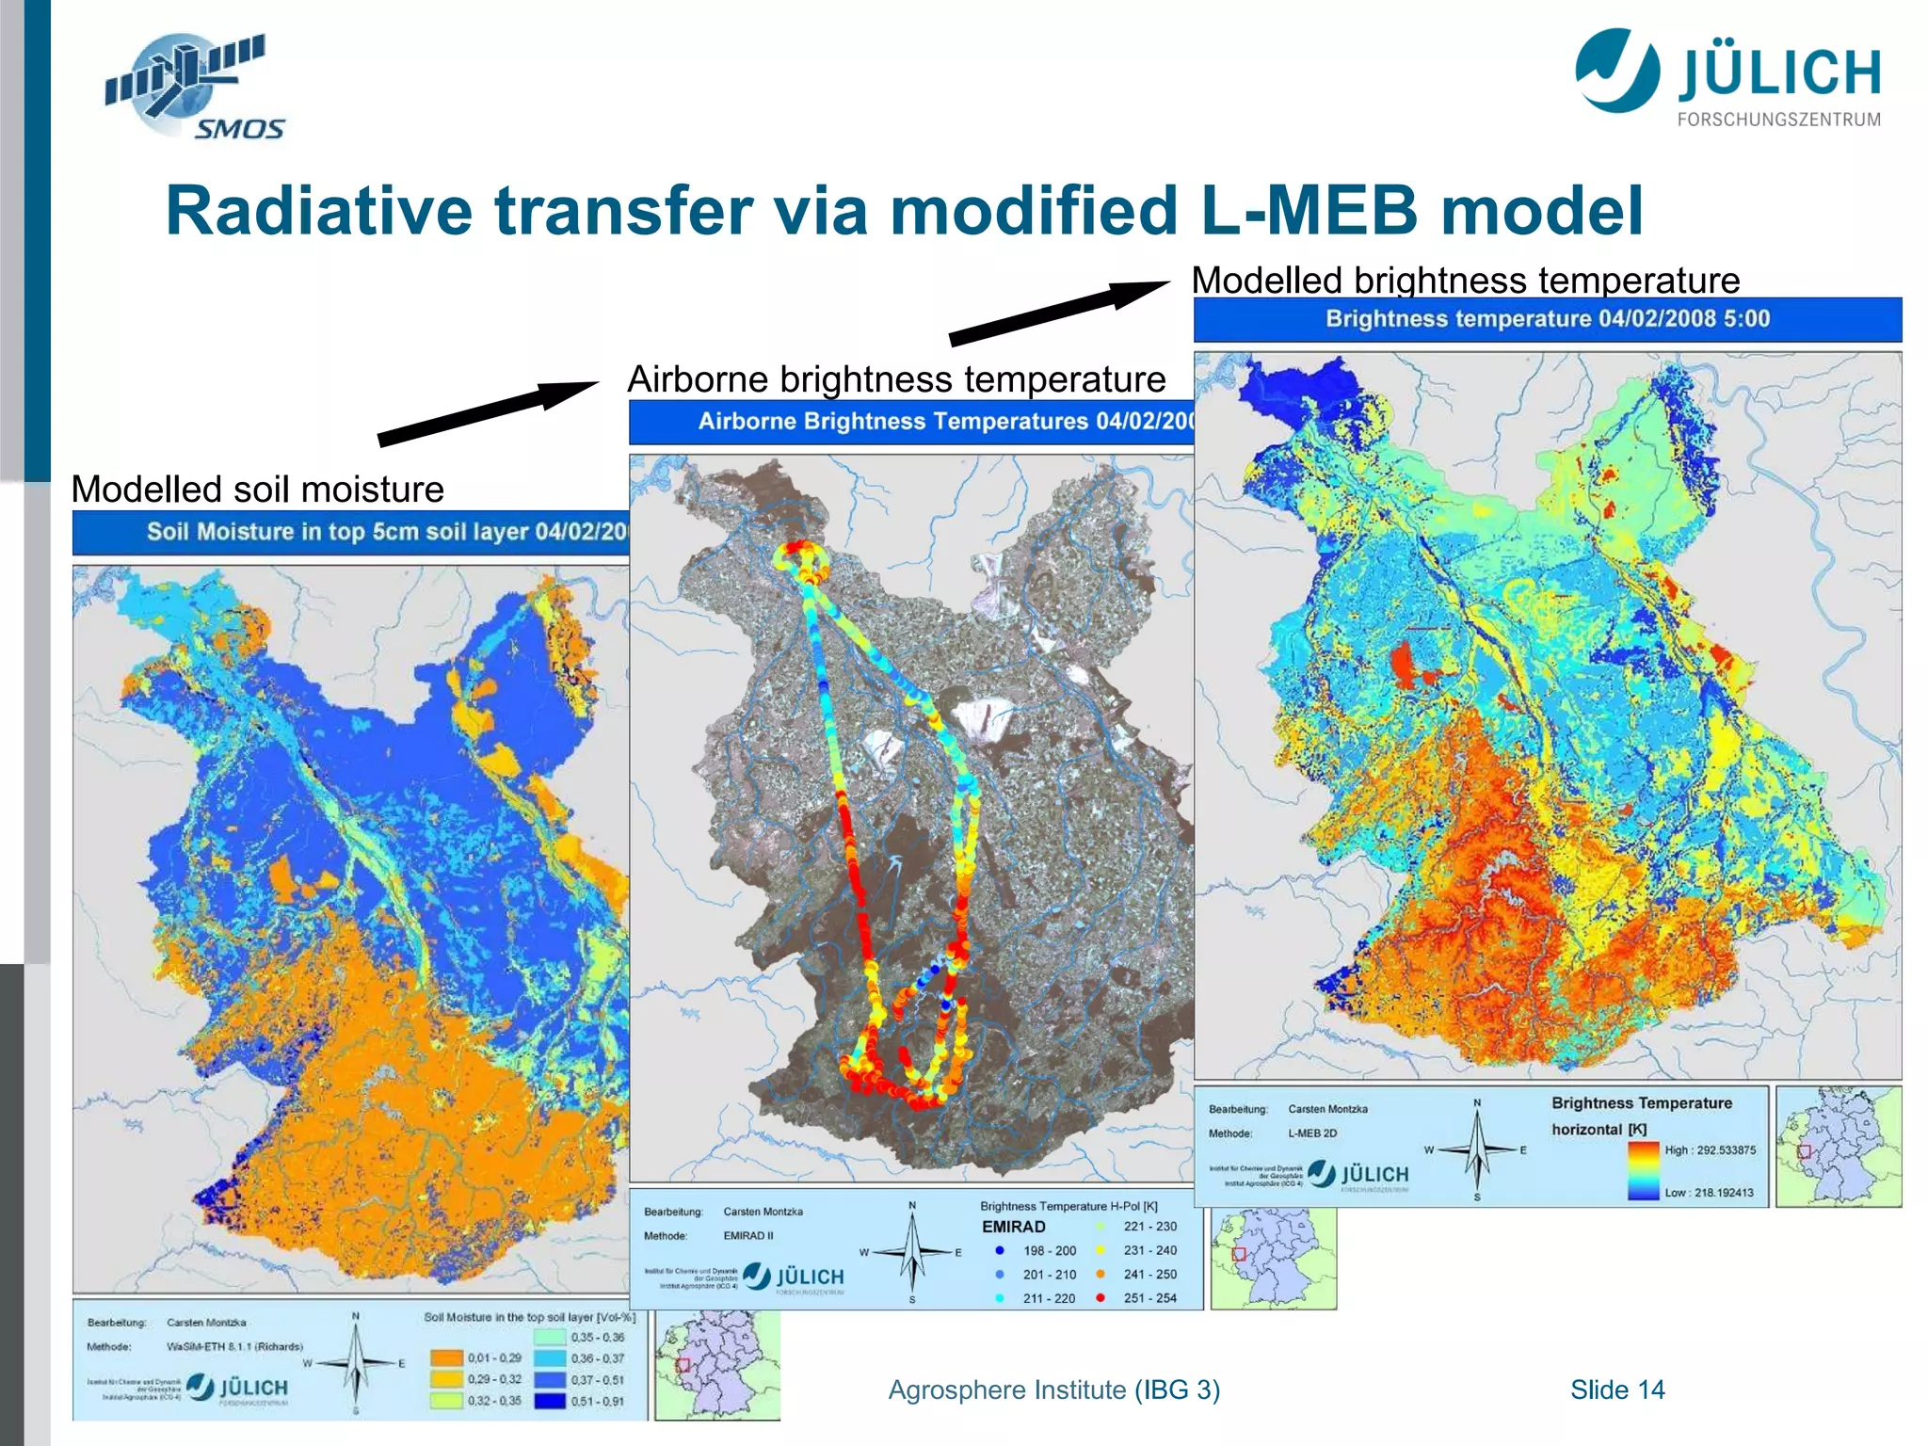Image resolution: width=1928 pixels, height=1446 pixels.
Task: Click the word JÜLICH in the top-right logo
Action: coord(1778,73)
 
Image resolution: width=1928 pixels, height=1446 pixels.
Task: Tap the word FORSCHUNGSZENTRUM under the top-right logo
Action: coord(1778,120)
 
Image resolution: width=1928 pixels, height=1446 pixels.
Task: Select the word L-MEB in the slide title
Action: coord(1309,210)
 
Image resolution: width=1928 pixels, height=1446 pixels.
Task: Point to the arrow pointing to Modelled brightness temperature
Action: coord(1059,313)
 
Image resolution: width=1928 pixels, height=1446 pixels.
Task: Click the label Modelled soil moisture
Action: coord(257,490)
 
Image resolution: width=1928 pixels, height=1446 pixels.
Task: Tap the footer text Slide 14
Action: coord(1616,1390)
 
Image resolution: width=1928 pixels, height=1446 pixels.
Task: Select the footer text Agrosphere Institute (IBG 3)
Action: coord(1053,1390)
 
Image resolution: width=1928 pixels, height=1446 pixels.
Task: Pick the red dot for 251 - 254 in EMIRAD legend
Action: coord(1100,1298)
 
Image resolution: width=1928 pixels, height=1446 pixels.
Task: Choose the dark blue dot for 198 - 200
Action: coord(1000,1251)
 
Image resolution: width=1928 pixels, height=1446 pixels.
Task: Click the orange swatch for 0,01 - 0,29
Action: coord(447,1358)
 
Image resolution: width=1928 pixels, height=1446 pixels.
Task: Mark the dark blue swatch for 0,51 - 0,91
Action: coord(550,1401)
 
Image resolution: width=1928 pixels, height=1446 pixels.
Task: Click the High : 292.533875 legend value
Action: coord(1710,1150)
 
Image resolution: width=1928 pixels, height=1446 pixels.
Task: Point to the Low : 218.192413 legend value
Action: coord(1709,1193)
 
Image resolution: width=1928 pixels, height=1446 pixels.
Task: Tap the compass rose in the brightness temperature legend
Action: coord(1477,1150)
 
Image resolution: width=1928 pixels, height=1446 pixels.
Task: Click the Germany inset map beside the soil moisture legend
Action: coord(717,1365)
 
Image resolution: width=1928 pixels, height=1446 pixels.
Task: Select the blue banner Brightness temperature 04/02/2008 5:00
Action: coord(1547,319)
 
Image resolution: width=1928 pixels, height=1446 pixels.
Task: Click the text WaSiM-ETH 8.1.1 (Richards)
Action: coord(234,1346)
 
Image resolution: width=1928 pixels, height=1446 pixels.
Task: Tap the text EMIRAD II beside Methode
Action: coord(748,1236)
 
